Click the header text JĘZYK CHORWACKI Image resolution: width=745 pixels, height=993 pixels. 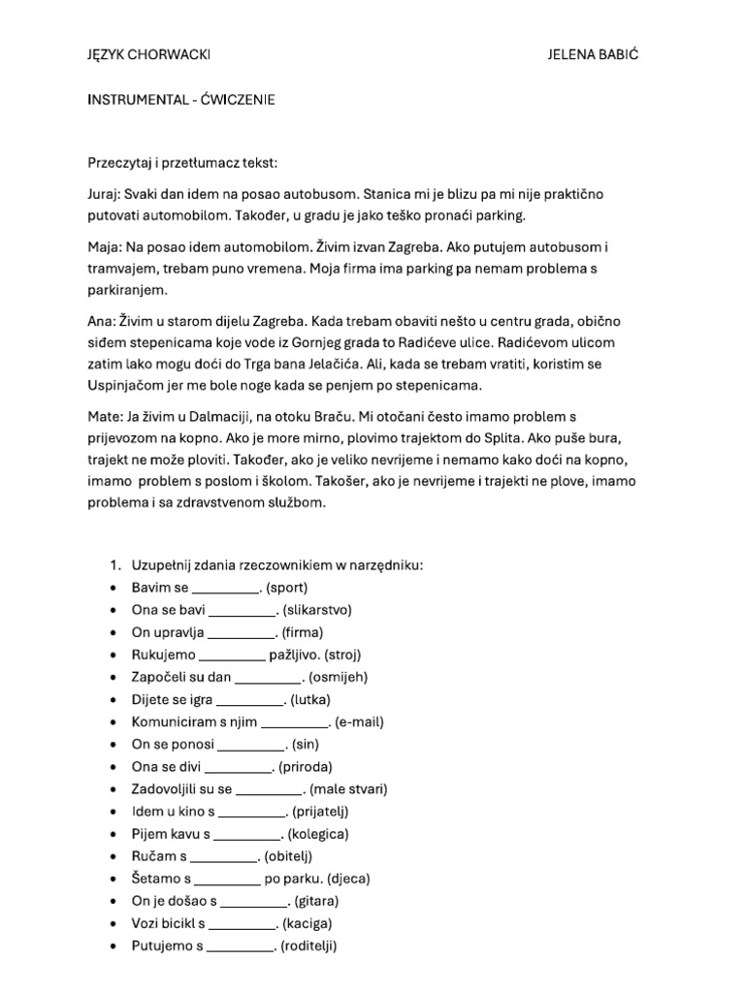point(148,54)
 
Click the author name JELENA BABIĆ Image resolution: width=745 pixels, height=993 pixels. point(593,54)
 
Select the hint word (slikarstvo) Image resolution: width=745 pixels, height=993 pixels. point(317,610)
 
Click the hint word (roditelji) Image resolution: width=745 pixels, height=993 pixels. point(309,945)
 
